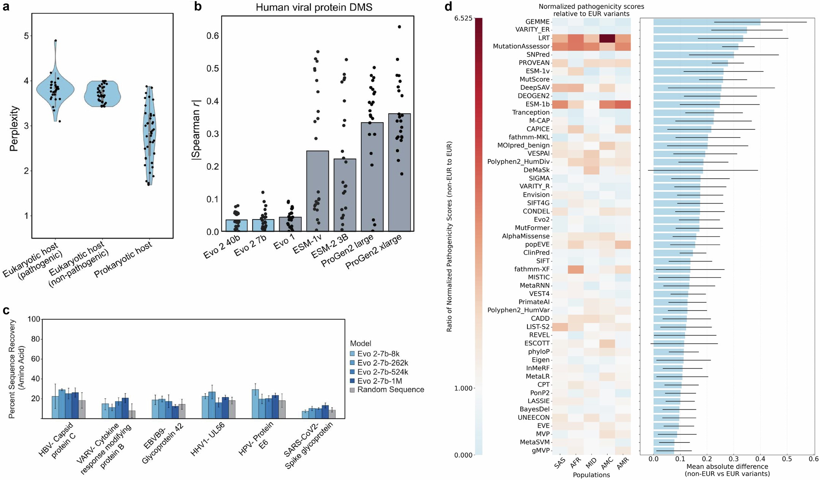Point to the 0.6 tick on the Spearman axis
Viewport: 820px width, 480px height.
pyautogui.click(x=213, y=36)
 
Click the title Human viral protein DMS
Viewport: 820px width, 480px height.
pyautogui.click(x=314, y=7)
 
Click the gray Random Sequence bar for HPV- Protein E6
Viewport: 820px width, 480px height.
pyautogui.click(x=282, y=409)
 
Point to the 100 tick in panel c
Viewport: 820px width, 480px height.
pyautogui.click(x=34, y=319)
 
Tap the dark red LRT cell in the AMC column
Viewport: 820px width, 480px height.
pyautogui.click(x=606, y=38)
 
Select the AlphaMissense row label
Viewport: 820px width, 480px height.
pyautogui.click(x=526, y=236)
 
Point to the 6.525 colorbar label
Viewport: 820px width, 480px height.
pyautogui.click(x=463, y=19)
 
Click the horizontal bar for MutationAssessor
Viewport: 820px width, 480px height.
pyautogui.click(x=695, y=47)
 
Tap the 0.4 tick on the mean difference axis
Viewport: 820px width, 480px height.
pyautogui.click(x=760, y=459)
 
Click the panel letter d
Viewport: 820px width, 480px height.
pyautogui.click(x=448, y=6)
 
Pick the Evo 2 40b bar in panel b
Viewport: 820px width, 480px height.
pyautogui.click(x=236, y=226)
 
